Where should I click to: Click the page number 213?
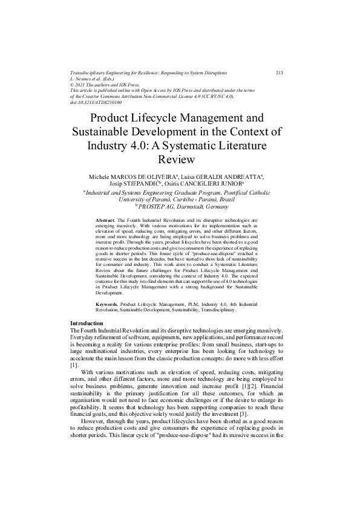click(279, 73)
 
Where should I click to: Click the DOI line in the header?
click(96, 102)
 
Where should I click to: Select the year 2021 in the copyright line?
click(83, 85)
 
